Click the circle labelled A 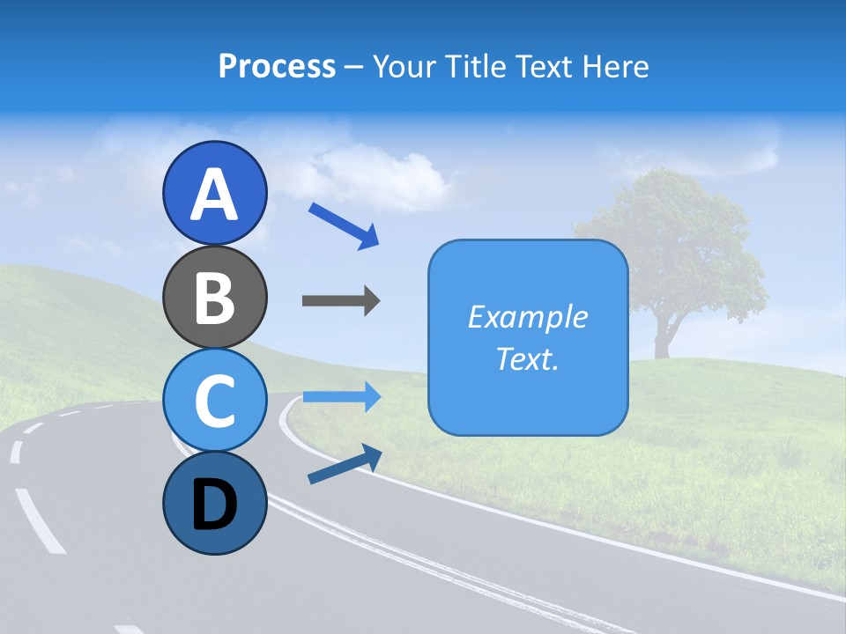pyautogui.click(x=214, y=193)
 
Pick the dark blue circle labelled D pyautogui.click(x=214, y=503)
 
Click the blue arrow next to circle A pyautogui.click(x=344, y=225)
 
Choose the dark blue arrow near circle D pyautogui.click(x=344, y=464)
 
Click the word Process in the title pyautogui.click(x=277, y=66)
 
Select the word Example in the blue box pyautogui.click(x=528, y=317)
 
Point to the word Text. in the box pyautogui.click(x=528, y=358)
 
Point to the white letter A pyautogui.click(x=214, y=195)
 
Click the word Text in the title pyautogui.click(x=543, y=66)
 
